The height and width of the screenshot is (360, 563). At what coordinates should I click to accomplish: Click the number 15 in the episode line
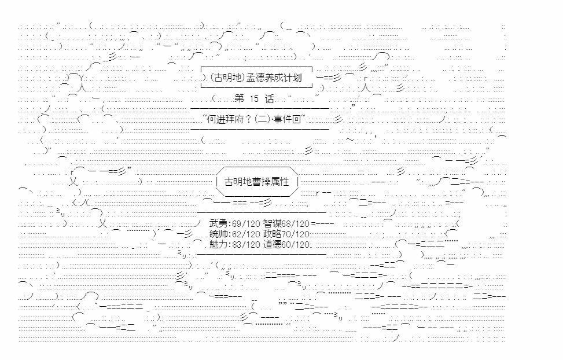click(255, 99)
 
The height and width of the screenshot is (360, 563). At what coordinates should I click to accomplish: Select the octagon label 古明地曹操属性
click(256, 182)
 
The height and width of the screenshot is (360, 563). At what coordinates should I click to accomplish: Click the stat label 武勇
click(218, 223)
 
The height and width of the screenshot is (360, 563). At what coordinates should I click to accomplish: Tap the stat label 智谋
click(271, 223)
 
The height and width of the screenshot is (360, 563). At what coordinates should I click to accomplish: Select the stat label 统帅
click(218, 234)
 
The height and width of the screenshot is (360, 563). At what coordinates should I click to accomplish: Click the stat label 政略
click(271, 234)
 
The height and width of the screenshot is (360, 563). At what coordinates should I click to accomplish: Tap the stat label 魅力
click(218, 244)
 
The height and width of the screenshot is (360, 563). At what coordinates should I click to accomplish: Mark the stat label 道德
click(271, 244)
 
